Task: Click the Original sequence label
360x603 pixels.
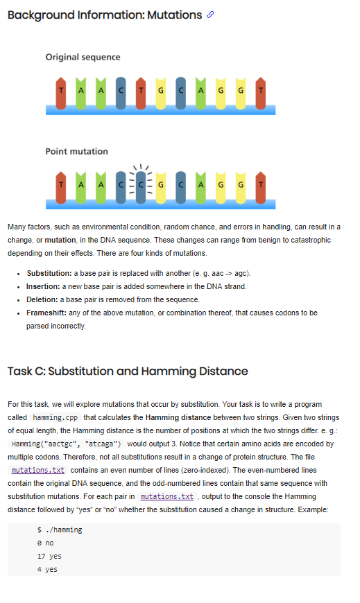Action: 83,57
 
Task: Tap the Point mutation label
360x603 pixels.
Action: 76,151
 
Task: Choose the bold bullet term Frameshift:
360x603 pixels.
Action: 48,313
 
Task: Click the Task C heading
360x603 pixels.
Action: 128,371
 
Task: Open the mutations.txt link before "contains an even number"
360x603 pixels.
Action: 38,469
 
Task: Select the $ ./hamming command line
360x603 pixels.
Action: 60,530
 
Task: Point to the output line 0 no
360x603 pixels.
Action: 45,543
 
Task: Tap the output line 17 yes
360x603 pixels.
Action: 49,556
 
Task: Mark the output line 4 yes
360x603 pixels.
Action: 47,569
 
